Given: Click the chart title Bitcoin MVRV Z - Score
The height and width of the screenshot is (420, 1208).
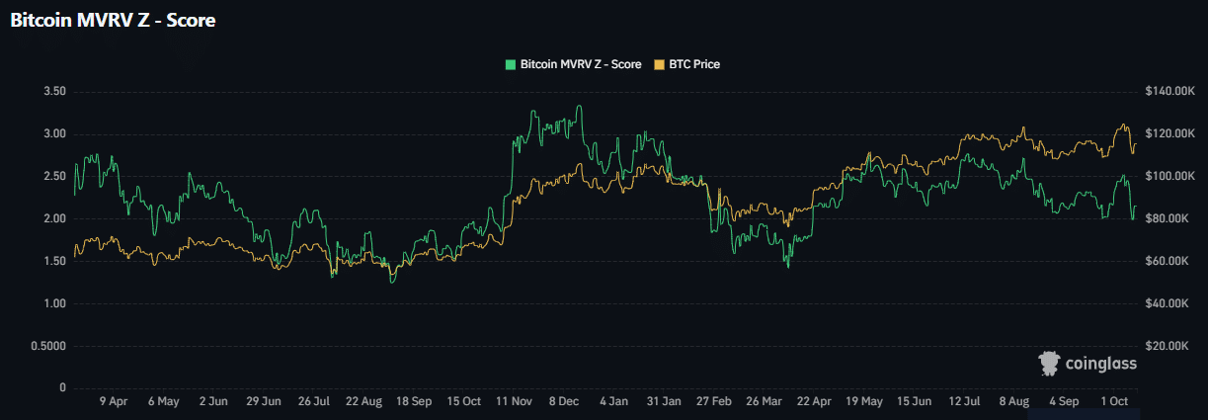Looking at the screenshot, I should pyautogui.click(x=113, y=21).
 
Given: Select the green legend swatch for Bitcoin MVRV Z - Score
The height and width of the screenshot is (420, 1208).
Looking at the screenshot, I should pyautogui.click(x=510, y=64).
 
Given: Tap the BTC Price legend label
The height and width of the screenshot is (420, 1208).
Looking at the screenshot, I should pyautogui.click(x=694, y=64).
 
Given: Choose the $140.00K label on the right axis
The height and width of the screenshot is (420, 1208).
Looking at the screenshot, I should pyautogui.click(x=1169, y=92).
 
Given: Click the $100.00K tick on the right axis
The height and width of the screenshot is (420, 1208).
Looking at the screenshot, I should pyautogui.click(x=1169, y=176).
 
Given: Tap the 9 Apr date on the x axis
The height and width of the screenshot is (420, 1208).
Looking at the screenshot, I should pyautogui.click(x=114, y=402).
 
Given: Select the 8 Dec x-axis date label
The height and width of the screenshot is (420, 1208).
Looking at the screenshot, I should pyautogui.click(x=565, y=402).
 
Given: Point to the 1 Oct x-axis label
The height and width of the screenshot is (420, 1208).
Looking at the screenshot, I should pyautogui.click(x=1115, y=402).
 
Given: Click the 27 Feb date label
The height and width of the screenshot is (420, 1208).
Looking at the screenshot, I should pyautogui.click(x=715, y=402).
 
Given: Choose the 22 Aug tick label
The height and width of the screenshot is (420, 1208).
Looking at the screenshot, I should pyautogui.click(x=364, y=402).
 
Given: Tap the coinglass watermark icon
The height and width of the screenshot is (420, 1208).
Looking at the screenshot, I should pyautogui.click(x=1049, y=364).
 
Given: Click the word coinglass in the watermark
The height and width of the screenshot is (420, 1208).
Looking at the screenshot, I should pyautogui.click(x=1101, y=364).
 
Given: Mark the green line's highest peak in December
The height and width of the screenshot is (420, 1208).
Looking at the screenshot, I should pyautogui.click(x=579, y=107).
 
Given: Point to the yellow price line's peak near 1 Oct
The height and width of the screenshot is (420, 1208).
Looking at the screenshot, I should pyautogui.click(x=1123, y=125).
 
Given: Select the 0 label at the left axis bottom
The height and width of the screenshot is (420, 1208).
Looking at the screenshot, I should pyautogui.click(x=62, y=388).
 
